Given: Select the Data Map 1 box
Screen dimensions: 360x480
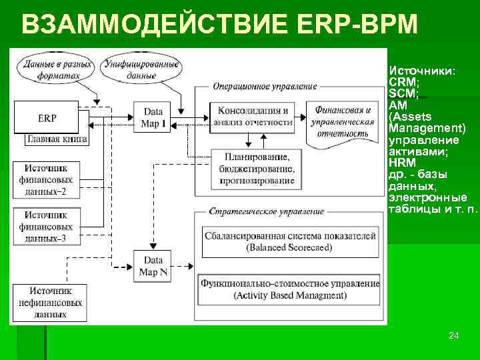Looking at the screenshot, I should (x=153, y=118).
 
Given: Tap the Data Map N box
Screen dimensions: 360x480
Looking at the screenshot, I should (x=153, y=265).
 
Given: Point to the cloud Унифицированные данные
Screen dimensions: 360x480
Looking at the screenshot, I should (x=140, y=69).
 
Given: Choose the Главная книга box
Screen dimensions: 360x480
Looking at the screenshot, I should (x=57, y=140).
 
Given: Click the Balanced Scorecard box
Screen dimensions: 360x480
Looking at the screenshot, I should (x=289, y=241).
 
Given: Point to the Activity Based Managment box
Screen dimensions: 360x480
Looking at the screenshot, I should (x=289, y=289).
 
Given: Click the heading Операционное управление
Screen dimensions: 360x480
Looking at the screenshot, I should (x=265, y=86).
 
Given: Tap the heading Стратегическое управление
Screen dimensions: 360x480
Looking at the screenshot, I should (x=267, y=211).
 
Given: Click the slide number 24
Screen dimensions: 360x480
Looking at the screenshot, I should (x=453, y=335).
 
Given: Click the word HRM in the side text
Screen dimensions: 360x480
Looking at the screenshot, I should (x=401, y=162).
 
